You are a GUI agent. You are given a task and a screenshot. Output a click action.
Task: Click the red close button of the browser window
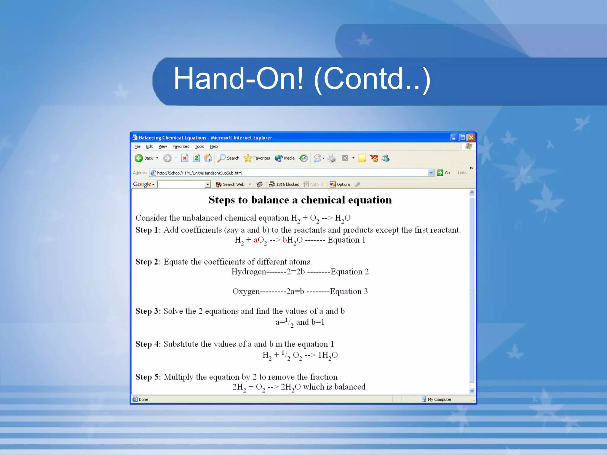point(471,137)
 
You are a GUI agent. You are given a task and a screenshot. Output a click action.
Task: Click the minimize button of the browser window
point(454,137)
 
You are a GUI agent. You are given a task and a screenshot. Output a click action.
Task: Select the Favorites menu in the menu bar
point(180,146)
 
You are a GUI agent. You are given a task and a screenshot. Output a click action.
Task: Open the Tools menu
point(199,146)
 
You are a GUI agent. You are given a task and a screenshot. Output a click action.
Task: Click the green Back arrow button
point(139,158)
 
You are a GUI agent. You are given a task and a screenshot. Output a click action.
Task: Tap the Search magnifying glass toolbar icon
point(221,158)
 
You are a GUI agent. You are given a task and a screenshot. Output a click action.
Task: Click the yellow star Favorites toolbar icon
point(247,158)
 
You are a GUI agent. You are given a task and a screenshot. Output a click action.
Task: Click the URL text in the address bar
point(199,173)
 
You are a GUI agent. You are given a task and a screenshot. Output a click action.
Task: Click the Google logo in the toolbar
point(142,184)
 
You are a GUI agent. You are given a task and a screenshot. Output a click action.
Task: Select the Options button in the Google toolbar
point(340,184)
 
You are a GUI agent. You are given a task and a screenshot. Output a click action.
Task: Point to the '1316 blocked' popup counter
point(284,184)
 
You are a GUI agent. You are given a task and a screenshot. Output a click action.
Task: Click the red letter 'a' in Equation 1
point(255,240)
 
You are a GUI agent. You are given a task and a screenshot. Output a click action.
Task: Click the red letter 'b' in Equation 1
point(285,240)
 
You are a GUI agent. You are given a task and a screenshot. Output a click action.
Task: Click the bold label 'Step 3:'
point(148,311)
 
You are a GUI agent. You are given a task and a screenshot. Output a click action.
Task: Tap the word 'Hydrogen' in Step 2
point(249,272)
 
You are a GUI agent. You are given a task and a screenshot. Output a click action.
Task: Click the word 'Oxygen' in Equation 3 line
point(246,291)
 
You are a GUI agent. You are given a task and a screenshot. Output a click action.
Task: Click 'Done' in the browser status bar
point(143,399)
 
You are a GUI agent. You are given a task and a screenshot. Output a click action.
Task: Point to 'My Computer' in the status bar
point(439,399)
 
